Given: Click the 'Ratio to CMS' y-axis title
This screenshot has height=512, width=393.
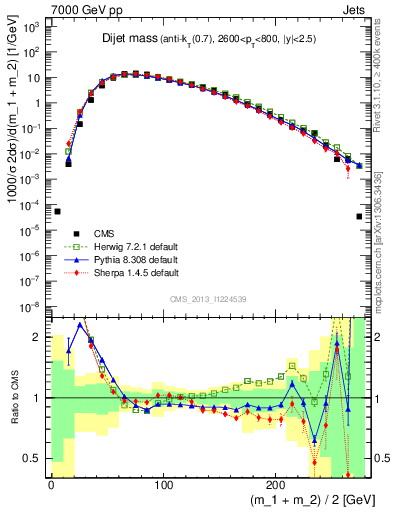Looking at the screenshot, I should coord(13,397).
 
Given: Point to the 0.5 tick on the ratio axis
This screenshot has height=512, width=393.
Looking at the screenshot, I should coord(33,458).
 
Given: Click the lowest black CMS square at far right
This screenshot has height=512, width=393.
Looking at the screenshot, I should coord(359,216).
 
